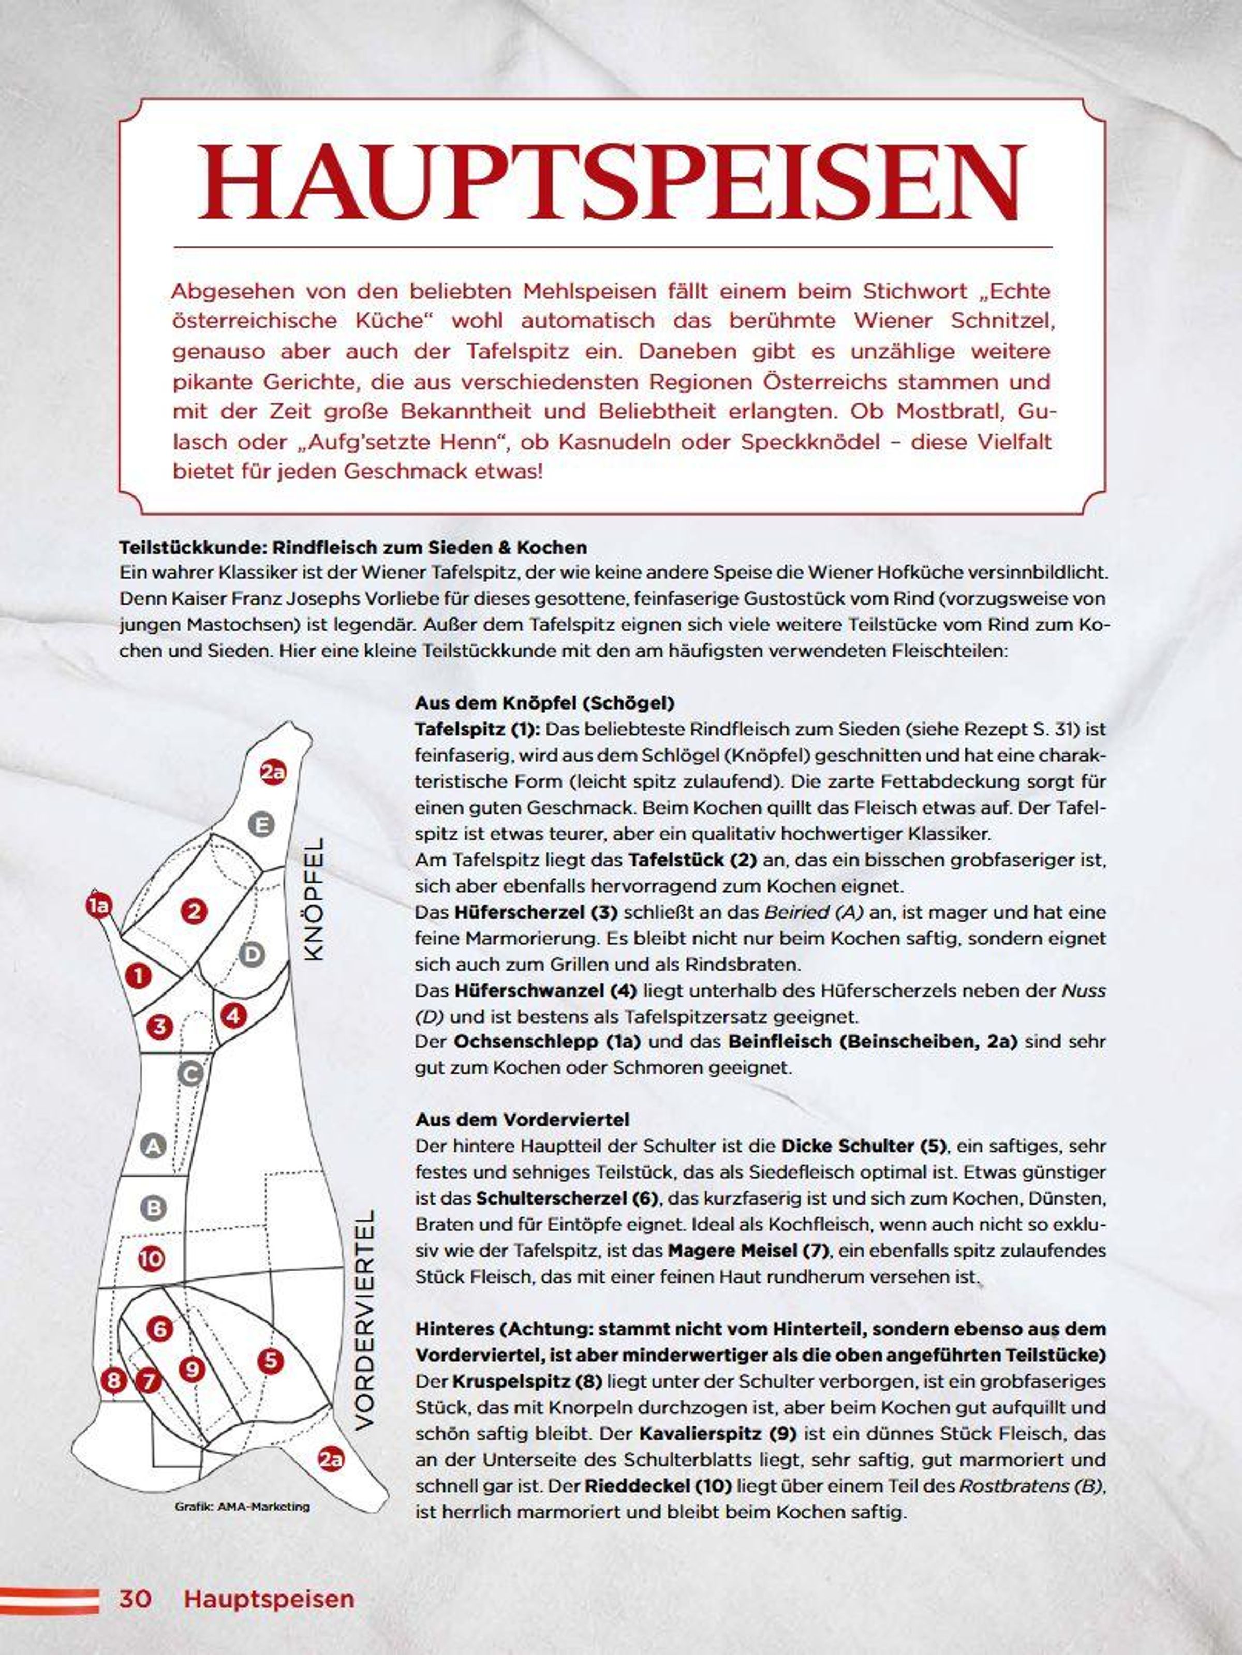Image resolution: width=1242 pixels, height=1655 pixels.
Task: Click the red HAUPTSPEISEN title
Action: [x=611, y=182]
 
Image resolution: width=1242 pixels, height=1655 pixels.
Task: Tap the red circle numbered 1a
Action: [x=98, y=907]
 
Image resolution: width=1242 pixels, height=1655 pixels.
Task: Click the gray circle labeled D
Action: [x=253, y=955]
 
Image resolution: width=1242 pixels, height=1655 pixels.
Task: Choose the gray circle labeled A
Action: [x=154, y=1146]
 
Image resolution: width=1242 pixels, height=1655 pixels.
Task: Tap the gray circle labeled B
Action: [x=154, y=1208]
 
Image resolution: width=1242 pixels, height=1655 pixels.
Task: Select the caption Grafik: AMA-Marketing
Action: [x=242, y=1507]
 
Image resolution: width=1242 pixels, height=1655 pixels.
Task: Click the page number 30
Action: [x=136, y=1599]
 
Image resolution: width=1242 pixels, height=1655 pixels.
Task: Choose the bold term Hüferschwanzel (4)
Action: [x=545, y=990]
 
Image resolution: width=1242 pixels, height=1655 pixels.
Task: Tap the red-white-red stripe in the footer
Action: [x=49, y=1601]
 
